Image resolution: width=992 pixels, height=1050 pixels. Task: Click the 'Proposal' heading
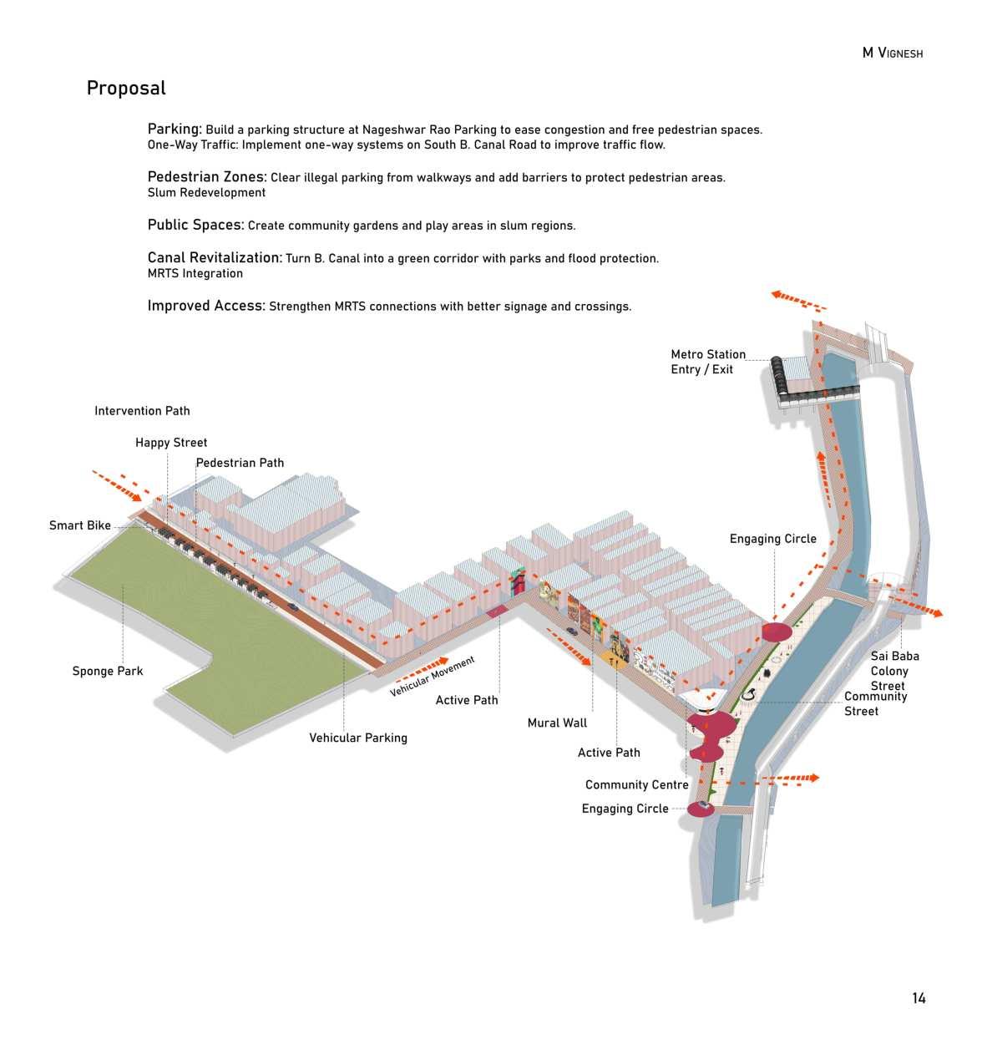126,89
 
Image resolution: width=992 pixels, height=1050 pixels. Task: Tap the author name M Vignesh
892,53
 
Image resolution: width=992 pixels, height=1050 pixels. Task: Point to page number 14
919,998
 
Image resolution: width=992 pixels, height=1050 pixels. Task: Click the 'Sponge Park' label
108,671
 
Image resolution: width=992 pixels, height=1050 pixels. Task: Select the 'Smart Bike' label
80,525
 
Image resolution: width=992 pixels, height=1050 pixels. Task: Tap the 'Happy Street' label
171,443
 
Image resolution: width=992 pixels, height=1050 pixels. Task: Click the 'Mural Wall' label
557,723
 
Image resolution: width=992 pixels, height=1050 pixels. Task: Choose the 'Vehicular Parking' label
358,738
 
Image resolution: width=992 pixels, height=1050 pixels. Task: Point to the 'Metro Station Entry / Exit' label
708,362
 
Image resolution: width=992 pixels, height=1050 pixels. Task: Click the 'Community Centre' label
637,784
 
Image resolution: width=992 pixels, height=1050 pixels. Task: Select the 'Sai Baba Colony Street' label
894,671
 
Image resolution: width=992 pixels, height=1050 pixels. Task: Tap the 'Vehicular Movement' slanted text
433,677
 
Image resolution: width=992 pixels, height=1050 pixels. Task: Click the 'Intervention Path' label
142,411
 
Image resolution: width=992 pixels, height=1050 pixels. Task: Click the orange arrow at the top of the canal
797,300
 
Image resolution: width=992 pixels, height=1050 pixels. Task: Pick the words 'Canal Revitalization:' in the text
215,258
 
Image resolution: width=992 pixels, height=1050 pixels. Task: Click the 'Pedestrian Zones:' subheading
207,177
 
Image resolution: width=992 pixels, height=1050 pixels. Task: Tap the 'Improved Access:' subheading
206,306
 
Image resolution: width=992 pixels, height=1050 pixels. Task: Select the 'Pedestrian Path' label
240,463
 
